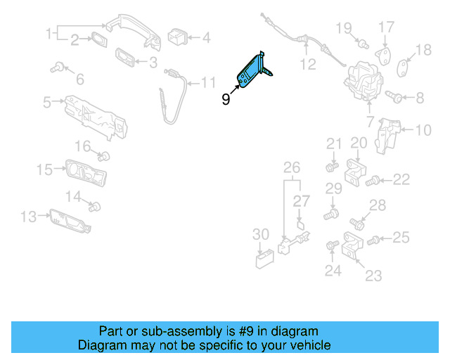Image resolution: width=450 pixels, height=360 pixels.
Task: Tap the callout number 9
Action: (x=226, y=100)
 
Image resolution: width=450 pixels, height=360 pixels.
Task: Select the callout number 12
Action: (x=308, y=65)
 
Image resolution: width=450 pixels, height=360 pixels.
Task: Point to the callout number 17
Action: (x=387, y=27)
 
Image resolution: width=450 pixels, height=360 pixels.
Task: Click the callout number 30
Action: (x=261, y=234)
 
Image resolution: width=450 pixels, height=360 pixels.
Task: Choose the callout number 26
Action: (x=292, y=167)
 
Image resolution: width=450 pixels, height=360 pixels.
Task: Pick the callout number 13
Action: (x=27, y=217)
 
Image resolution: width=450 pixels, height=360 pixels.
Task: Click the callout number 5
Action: (x=47, y=103)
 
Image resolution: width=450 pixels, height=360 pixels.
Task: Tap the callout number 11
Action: (x=208, y=83)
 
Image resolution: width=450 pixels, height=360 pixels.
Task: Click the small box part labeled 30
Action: (x=264, y=260)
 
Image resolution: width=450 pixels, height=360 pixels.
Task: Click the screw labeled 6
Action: (x=58, y=67)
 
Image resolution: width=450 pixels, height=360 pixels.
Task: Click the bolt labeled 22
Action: (x=374, y=181)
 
